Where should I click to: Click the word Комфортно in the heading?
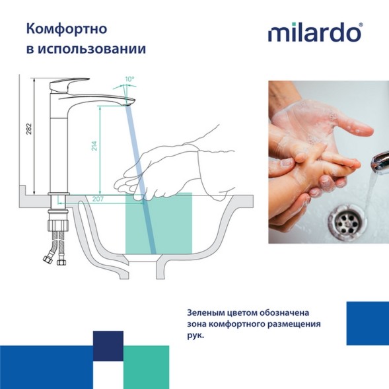pos(65,29)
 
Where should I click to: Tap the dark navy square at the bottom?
pos(108,346)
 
